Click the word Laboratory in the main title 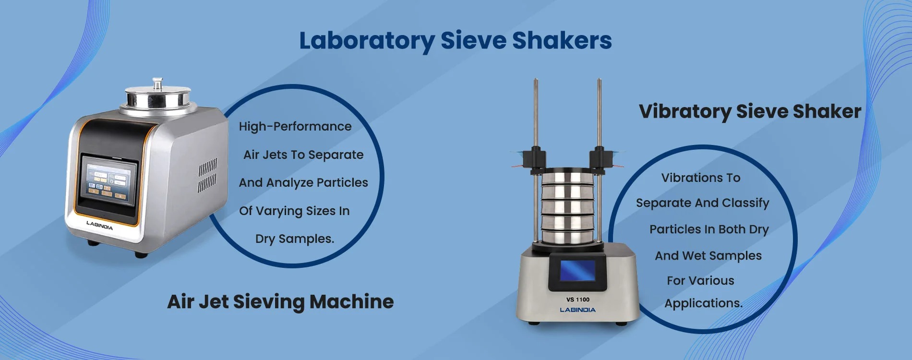point(367,41)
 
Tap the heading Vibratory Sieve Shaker point(750,112)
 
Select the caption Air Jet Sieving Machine point(280,302)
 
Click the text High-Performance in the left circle point(295,126)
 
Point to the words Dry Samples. point(295,239)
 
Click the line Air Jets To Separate point(303,155)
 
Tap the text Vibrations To point(701,178)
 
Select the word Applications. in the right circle point(704,303)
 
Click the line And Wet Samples point(708,256)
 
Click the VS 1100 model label point(578,300)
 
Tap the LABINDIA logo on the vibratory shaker point(578,310)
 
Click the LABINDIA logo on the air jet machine point(99,225)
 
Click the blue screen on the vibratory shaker point(578,270)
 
